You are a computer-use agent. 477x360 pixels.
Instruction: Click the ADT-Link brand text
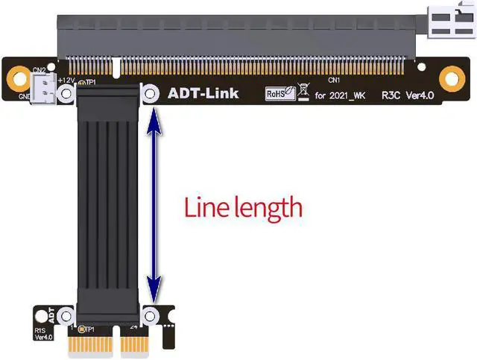(203, 94)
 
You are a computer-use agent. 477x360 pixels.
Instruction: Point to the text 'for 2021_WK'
(341, 95)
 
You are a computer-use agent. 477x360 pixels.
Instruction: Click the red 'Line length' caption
(243, 206)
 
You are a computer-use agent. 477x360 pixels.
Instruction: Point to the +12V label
(66, 79)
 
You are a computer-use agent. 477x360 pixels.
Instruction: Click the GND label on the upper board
(24, 97)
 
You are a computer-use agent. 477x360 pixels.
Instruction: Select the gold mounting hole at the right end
(449, 77)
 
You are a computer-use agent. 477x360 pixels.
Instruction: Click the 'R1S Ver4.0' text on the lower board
(42, 332)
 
